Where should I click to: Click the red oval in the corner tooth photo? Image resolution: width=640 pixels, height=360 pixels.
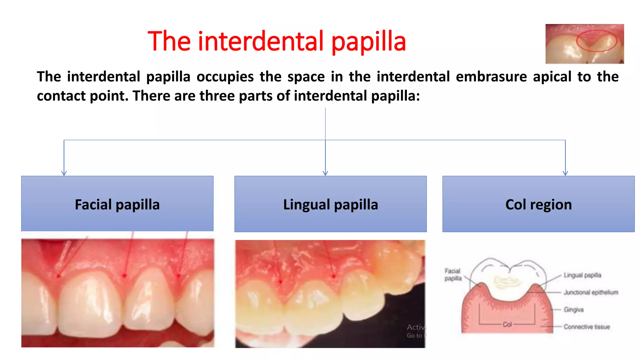coord(596,40)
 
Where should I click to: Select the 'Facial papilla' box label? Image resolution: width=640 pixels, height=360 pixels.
coord(117,205)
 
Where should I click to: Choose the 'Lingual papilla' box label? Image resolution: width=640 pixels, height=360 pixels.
coord(330,205)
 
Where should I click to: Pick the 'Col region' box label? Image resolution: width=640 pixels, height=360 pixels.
coord(538,205)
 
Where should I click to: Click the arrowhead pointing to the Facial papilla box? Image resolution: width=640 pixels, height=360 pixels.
coord(64,173)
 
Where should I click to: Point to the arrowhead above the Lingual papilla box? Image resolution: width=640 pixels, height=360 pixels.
coord(325,173)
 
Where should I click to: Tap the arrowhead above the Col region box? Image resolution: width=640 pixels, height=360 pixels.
coord(565,173)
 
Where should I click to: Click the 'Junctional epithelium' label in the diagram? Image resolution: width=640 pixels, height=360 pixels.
coord(591,292)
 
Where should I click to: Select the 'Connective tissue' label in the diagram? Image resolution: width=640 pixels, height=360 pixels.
coord(587,327)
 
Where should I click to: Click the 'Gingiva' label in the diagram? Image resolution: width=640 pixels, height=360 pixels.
coord(573,310)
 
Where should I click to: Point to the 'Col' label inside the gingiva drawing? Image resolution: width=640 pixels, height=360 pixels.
coord(507,325)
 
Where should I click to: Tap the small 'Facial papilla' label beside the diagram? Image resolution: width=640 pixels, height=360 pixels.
coord(453,275)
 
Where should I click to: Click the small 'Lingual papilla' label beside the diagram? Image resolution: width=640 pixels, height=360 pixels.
coord(582,275)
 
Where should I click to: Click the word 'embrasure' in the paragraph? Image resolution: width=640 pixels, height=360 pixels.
coord(491,77)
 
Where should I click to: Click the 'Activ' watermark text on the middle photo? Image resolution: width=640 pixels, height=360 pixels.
coord(416,327)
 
